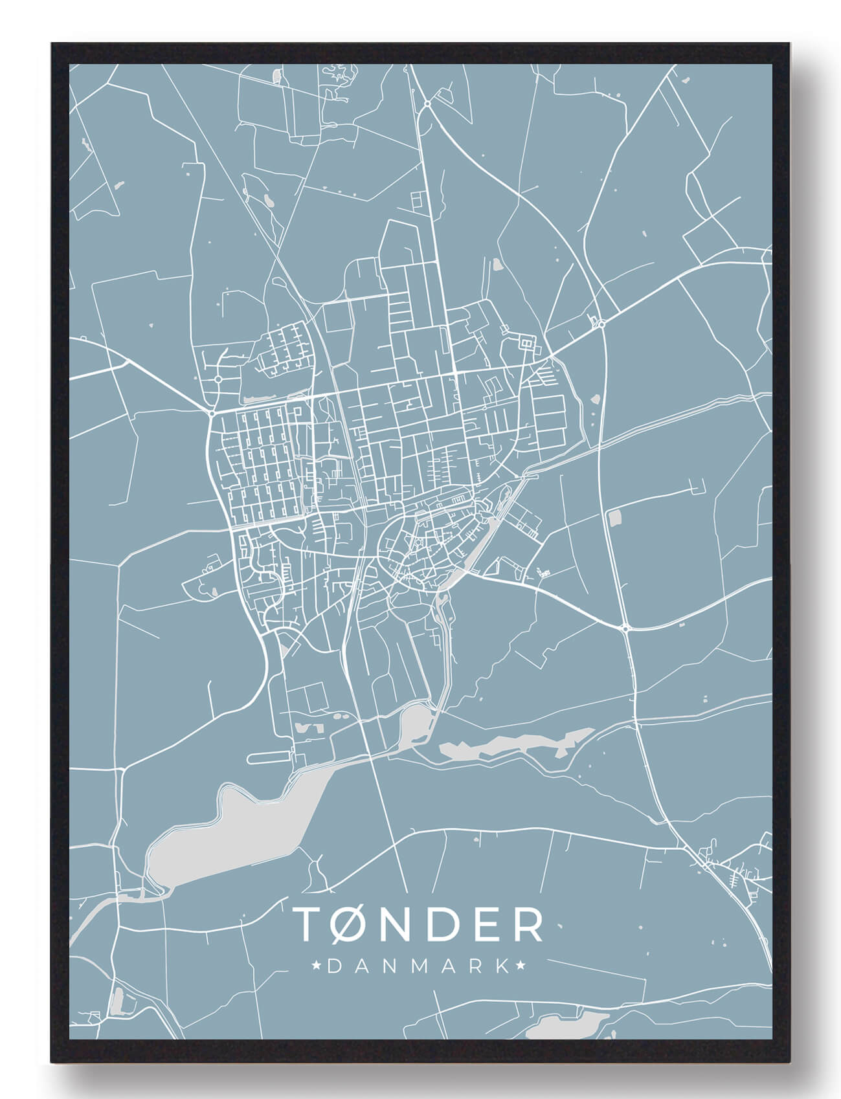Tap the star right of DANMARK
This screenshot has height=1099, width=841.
click(x=521, y=966)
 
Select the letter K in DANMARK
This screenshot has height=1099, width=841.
click(x=500, y=966)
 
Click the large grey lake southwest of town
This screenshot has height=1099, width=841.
click(x=227, y=835)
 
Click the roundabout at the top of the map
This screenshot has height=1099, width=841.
click(x=428, y=103)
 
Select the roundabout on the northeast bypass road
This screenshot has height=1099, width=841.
click(x=601, y=324)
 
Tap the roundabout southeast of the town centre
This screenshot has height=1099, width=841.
click(x=625, y=628)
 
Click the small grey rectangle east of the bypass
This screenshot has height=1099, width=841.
click(x=614, y=517)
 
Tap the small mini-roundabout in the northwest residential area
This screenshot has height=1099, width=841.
click(x=218, y=379)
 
